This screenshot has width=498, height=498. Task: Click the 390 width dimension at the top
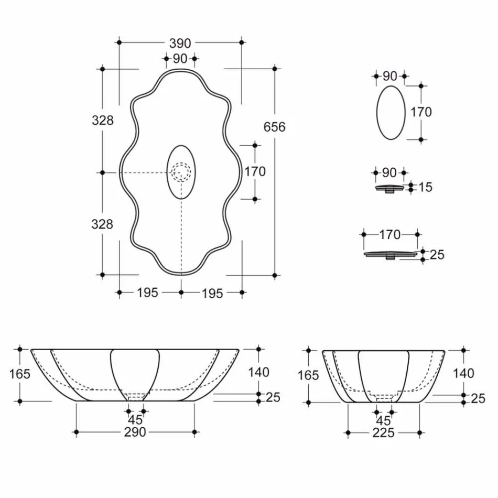pyautogui.click(x=180, y=43)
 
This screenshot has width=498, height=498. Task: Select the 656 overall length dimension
pyautogui.click(x=274, y=127)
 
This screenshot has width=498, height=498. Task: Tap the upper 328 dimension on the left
pyautogui.click(x=102, y=121)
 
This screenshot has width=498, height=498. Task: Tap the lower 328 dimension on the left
pyautogui.click(x=102, y=224)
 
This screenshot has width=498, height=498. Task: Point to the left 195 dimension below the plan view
pyautogui.click(x=147, y=293)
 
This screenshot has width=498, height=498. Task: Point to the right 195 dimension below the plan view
pyautogui.click(x=212, y=293)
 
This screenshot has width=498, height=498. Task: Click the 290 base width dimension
pyautogui.click(x=135, y=432)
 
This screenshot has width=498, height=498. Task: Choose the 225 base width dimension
pyautogui.click(x=384, y=433)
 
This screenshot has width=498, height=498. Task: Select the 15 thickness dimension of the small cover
pyautogui.click(x=426, y=187)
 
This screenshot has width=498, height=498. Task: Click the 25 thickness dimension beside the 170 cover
pyautogui.click(x=437, y=255)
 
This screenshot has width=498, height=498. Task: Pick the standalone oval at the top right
pyautogui.click(x=391, y=112)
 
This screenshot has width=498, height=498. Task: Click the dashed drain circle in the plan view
pyautogui.click(x=181, y=172)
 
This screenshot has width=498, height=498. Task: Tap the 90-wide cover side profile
pyautogui.click(x=389, y=188)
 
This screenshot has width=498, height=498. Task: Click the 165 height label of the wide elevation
pyautogui.click(x=20, y=374)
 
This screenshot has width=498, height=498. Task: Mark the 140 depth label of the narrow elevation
pyautogui.click(x=463, y=373)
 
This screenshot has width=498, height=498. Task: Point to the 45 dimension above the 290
pyautogui.click(x=136, y=419)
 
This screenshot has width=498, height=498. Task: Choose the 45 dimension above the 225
pyautogui.click(x=384, y=420)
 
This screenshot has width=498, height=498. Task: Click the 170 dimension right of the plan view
pyautogui.click(x=255, y=171)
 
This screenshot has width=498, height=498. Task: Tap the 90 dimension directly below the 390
pyautogui.click(x=180, y=59)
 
